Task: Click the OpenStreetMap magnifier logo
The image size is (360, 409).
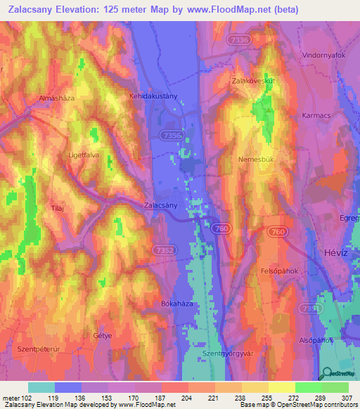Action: [x=326, y=374]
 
